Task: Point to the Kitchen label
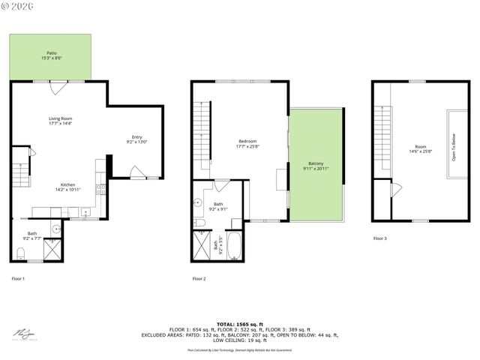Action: tap(67, 187)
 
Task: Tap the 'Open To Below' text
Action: tap(453, 147)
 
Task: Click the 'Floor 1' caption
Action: tap(18, 279)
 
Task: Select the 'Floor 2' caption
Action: tap(199, 279)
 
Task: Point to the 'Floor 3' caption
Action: tap(380, 238)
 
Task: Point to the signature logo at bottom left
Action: tap(25, 332)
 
